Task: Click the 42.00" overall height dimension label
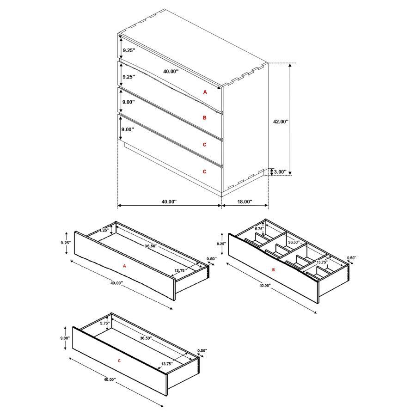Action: pyautogui.click(x=281, y=122)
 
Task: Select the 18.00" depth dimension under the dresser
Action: pyautogui.click(x=245, y=202)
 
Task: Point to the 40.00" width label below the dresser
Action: pyautogui.click(x=169, y=202)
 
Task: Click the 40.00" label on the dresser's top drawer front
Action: pyautogui.click(x=171, y=72)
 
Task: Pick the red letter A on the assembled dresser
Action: pyautogui.click(x=205, y=92)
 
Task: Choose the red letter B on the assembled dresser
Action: pyautogui.click(x=205, y=118)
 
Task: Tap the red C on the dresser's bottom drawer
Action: pyautogui.click(x=205, y=171)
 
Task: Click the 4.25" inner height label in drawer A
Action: pyautogui.click(x=103, y=230)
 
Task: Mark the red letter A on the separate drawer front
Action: pyautogui.click(x=124, y=266)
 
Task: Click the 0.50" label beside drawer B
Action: pyautogui.click(x=352, y=258)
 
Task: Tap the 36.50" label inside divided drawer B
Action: pyautogui.click(x=294, y=242)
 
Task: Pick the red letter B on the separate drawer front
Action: pyautogui.click(x=273, y=269)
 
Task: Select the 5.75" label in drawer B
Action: pyautogui.click(x=259, y=228)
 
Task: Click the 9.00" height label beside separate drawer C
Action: pyautogui.click(x=65, y=338)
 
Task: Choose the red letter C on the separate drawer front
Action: pyautogui.click(x=119, y=360)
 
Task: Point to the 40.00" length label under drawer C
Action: pyautogui.click(x=110, y=379)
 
